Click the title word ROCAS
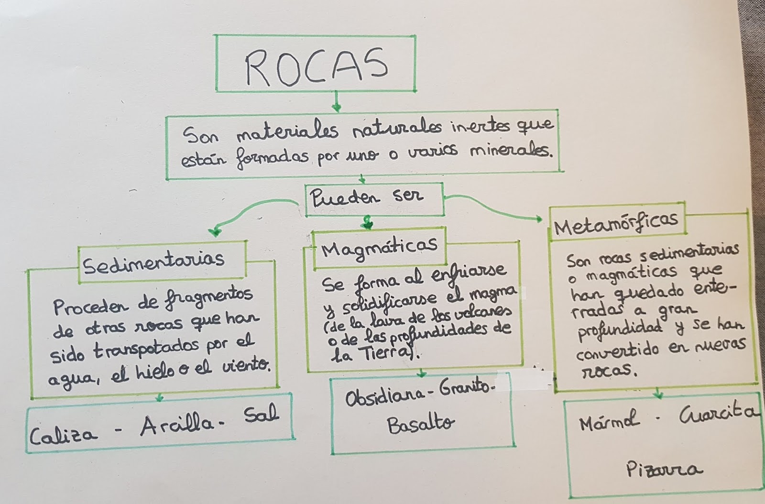pos(316,65)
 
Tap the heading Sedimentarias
pos(153,261)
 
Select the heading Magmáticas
pos(379,247)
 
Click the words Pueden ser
pos(366,197)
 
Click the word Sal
pos(261,414)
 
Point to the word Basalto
pos(421,424)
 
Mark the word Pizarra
pos(664,470)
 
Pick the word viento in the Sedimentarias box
pos(246,367)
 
